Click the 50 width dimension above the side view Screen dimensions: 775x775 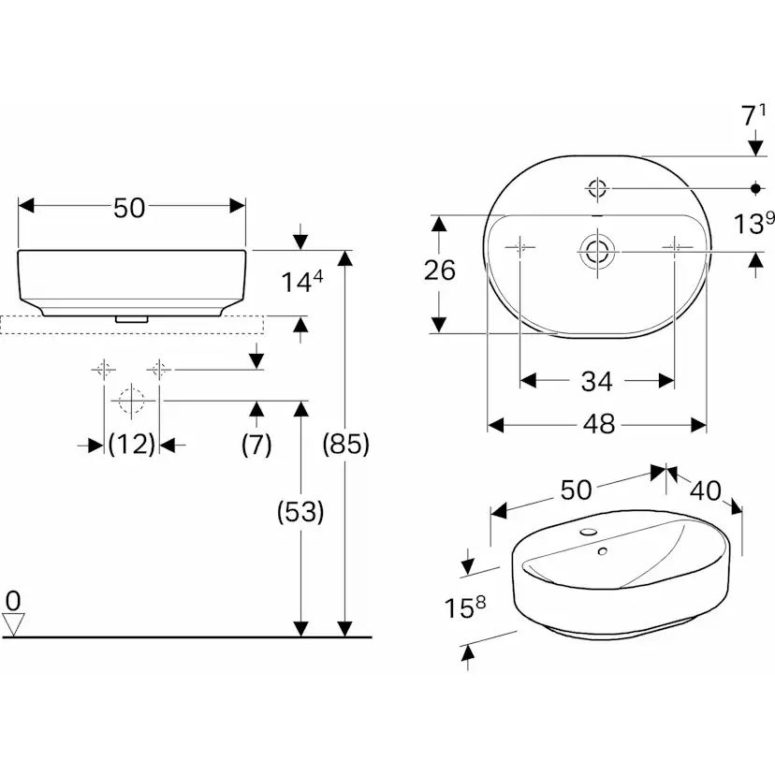tap(130, 208)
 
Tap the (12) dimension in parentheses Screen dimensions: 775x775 tap(131, 446)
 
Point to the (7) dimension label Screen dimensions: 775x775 tap(256, 446)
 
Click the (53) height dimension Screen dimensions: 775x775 tap(300, 512)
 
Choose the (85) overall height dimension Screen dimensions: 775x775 tap(346, 444)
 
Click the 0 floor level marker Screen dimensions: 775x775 tap(13, 599)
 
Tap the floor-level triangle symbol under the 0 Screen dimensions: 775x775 tap(14, 623)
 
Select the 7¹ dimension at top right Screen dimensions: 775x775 tap(753, 116)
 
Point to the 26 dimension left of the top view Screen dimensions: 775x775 tap(439, 271)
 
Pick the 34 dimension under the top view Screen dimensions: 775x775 tap(596, 381)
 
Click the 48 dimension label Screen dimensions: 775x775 tap(598, 425)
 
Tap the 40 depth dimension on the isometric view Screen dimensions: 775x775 tap(709, 491)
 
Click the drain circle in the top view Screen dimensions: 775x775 tap(596, 251)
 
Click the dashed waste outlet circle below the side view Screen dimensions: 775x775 tap(130, 401)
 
